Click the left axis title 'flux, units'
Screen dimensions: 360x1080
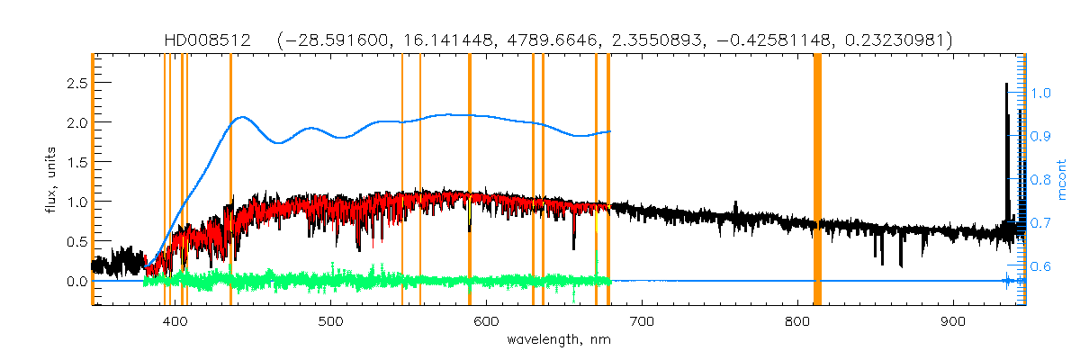coord(53,181)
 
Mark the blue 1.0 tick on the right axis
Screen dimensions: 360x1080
coord(1040,93)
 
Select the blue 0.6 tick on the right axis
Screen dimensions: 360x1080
coord(1040,267)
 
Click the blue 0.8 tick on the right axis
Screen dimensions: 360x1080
coord(1040,180)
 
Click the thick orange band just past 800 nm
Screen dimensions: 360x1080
coord(818,180)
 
